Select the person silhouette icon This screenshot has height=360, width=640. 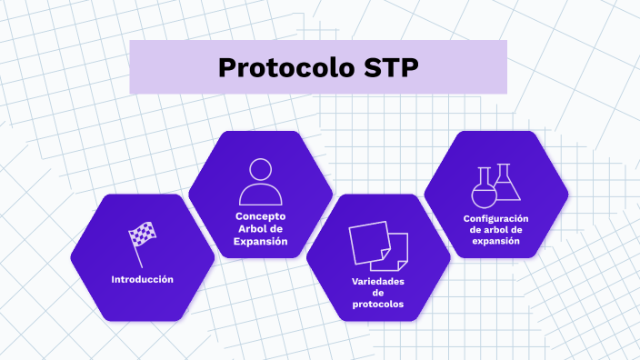pyautogui.click(x=260, y=182)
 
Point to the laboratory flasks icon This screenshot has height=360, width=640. pyautogui.click(x=496, y=185)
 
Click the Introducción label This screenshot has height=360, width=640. pyautogui.click(x=142, y=279)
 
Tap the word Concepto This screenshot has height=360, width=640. pyautogui.click(x=260, y=216)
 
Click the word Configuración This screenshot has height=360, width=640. pyautogui.click(x=496, y=218)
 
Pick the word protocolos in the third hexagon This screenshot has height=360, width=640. pyautogui.click(x=378, y=305)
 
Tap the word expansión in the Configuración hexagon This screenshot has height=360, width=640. pyautogui.click(x=496, y=242)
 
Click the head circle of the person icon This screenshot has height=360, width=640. pyautogui.click(x=260, y=170)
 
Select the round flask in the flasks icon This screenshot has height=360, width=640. pyautogui.click(x=484, y=191)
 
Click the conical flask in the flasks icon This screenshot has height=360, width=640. pyautogui.click(x=507, y=185)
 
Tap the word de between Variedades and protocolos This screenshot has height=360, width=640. pyautogui.click(x=378, y=293)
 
